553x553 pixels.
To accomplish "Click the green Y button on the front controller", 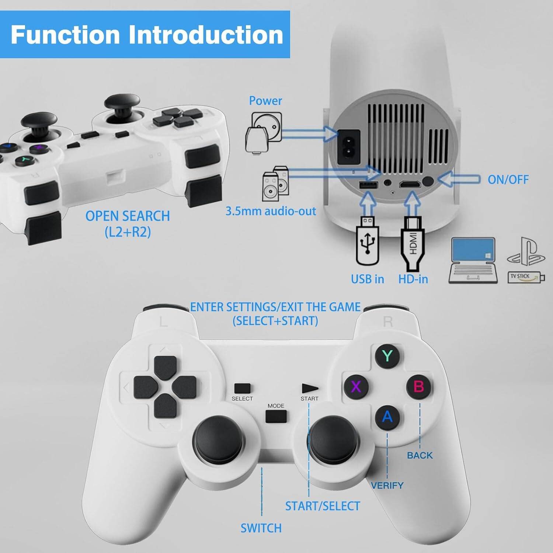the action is [x=387, y=356].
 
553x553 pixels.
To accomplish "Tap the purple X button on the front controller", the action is [x=356, y=386].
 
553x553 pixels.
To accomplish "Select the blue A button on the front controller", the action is [x=387, y=417].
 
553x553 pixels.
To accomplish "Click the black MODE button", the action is [x=276, y=416].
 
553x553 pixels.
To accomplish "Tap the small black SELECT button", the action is [x=242, y=389].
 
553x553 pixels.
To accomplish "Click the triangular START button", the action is [x=310, y=388].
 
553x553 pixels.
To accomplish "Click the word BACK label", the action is [x=420, y=455].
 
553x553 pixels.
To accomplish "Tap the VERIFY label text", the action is [x=387, y=485].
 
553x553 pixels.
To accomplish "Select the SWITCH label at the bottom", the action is [x=261, y=528].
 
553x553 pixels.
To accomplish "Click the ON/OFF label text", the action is [x=508, y=180].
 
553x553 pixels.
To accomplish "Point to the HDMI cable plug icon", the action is [x=413, y=243].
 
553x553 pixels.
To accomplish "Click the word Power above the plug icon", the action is [x=265, y=100].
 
